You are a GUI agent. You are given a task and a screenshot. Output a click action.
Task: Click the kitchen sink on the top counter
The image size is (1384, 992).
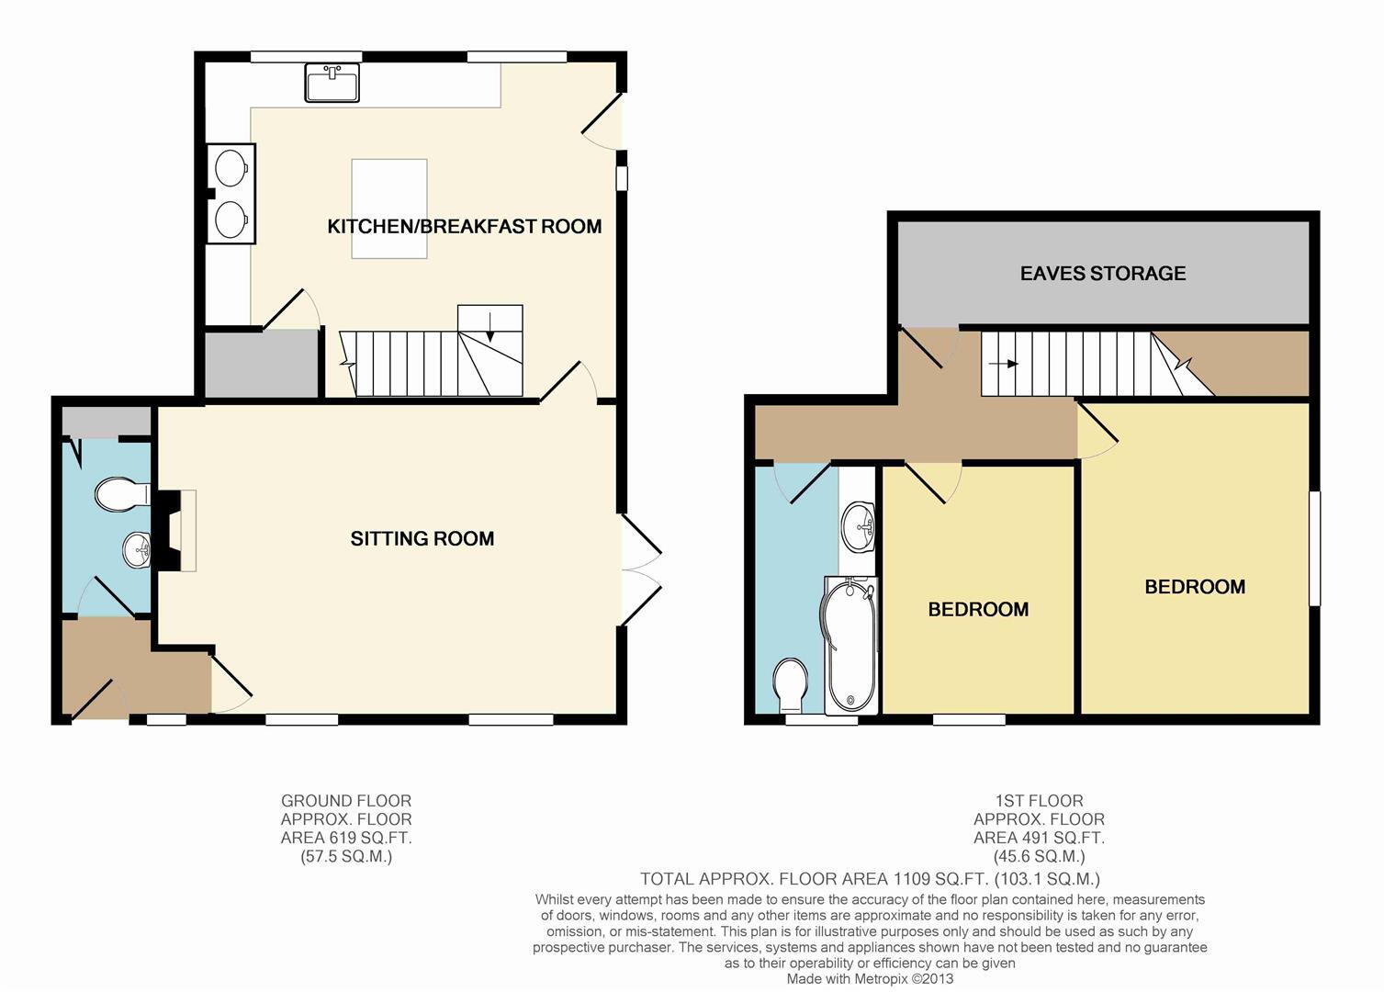tap(332, 83)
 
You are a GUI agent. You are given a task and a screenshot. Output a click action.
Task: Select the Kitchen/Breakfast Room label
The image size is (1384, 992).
tap(465, 226)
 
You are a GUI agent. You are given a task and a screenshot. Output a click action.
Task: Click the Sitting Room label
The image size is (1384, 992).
tap(422, 539)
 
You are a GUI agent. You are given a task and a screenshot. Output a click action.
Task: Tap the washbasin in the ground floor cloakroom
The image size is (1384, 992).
tap(137, 551)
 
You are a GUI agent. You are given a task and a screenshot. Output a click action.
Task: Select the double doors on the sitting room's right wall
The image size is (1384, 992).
tap(639, 570)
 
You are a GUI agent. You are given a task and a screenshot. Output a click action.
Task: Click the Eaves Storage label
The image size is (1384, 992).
tap(1103, 274)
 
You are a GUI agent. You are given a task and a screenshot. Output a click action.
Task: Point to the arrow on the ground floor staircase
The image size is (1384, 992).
tap(490, 327)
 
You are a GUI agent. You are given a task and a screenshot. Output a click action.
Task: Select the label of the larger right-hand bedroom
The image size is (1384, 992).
tap(1195, 587)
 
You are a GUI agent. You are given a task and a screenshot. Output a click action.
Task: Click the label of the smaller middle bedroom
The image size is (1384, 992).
tap(978, 610)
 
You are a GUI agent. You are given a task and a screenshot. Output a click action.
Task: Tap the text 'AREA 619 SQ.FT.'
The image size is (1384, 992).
tap(346, 838)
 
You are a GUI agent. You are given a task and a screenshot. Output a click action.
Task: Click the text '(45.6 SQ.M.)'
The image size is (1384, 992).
tap(1039, 856)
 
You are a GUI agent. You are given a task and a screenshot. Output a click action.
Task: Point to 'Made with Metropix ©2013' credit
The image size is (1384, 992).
tap(870, 979)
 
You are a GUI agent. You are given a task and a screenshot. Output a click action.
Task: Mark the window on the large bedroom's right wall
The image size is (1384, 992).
tap(1314, 548)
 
